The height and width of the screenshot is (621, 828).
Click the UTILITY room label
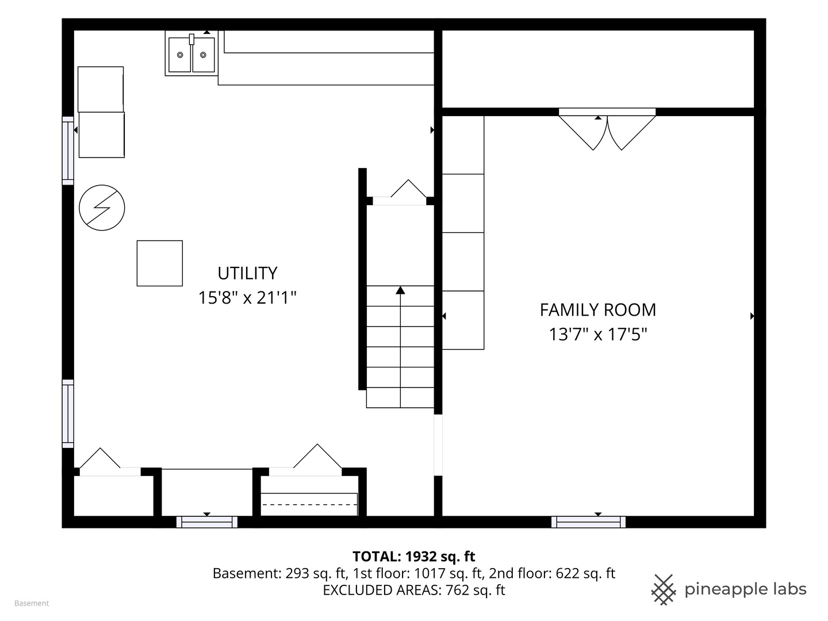point(247,273)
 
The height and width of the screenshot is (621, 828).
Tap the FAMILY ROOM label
point(598,310)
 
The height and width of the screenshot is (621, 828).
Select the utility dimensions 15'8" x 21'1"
point(247,297)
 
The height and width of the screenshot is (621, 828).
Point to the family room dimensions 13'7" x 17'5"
point(598,334)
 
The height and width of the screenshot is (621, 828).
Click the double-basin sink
point(191,53)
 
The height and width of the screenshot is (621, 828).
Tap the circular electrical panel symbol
point(102,208)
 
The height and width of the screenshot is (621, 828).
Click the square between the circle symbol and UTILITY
point(160,263)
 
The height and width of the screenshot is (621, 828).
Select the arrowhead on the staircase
point(400,290)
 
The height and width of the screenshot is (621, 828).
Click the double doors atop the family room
point(607,129)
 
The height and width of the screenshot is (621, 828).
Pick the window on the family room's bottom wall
point(588,522)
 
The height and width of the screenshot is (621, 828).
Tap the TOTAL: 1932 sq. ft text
point(414,556)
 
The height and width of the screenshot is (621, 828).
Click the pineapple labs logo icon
point(664,590)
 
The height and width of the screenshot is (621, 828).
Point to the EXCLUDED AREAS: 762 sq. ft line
point(414,590)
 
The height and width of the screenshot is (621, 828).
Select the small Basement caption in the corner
point(32,603)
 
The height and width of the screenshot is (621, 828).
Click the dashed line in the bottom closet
point(309,504)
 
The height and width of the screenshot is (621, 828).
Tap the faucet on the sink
point(191,39)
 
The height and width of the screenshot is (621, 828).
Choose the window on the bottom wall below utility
point(207,522)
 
